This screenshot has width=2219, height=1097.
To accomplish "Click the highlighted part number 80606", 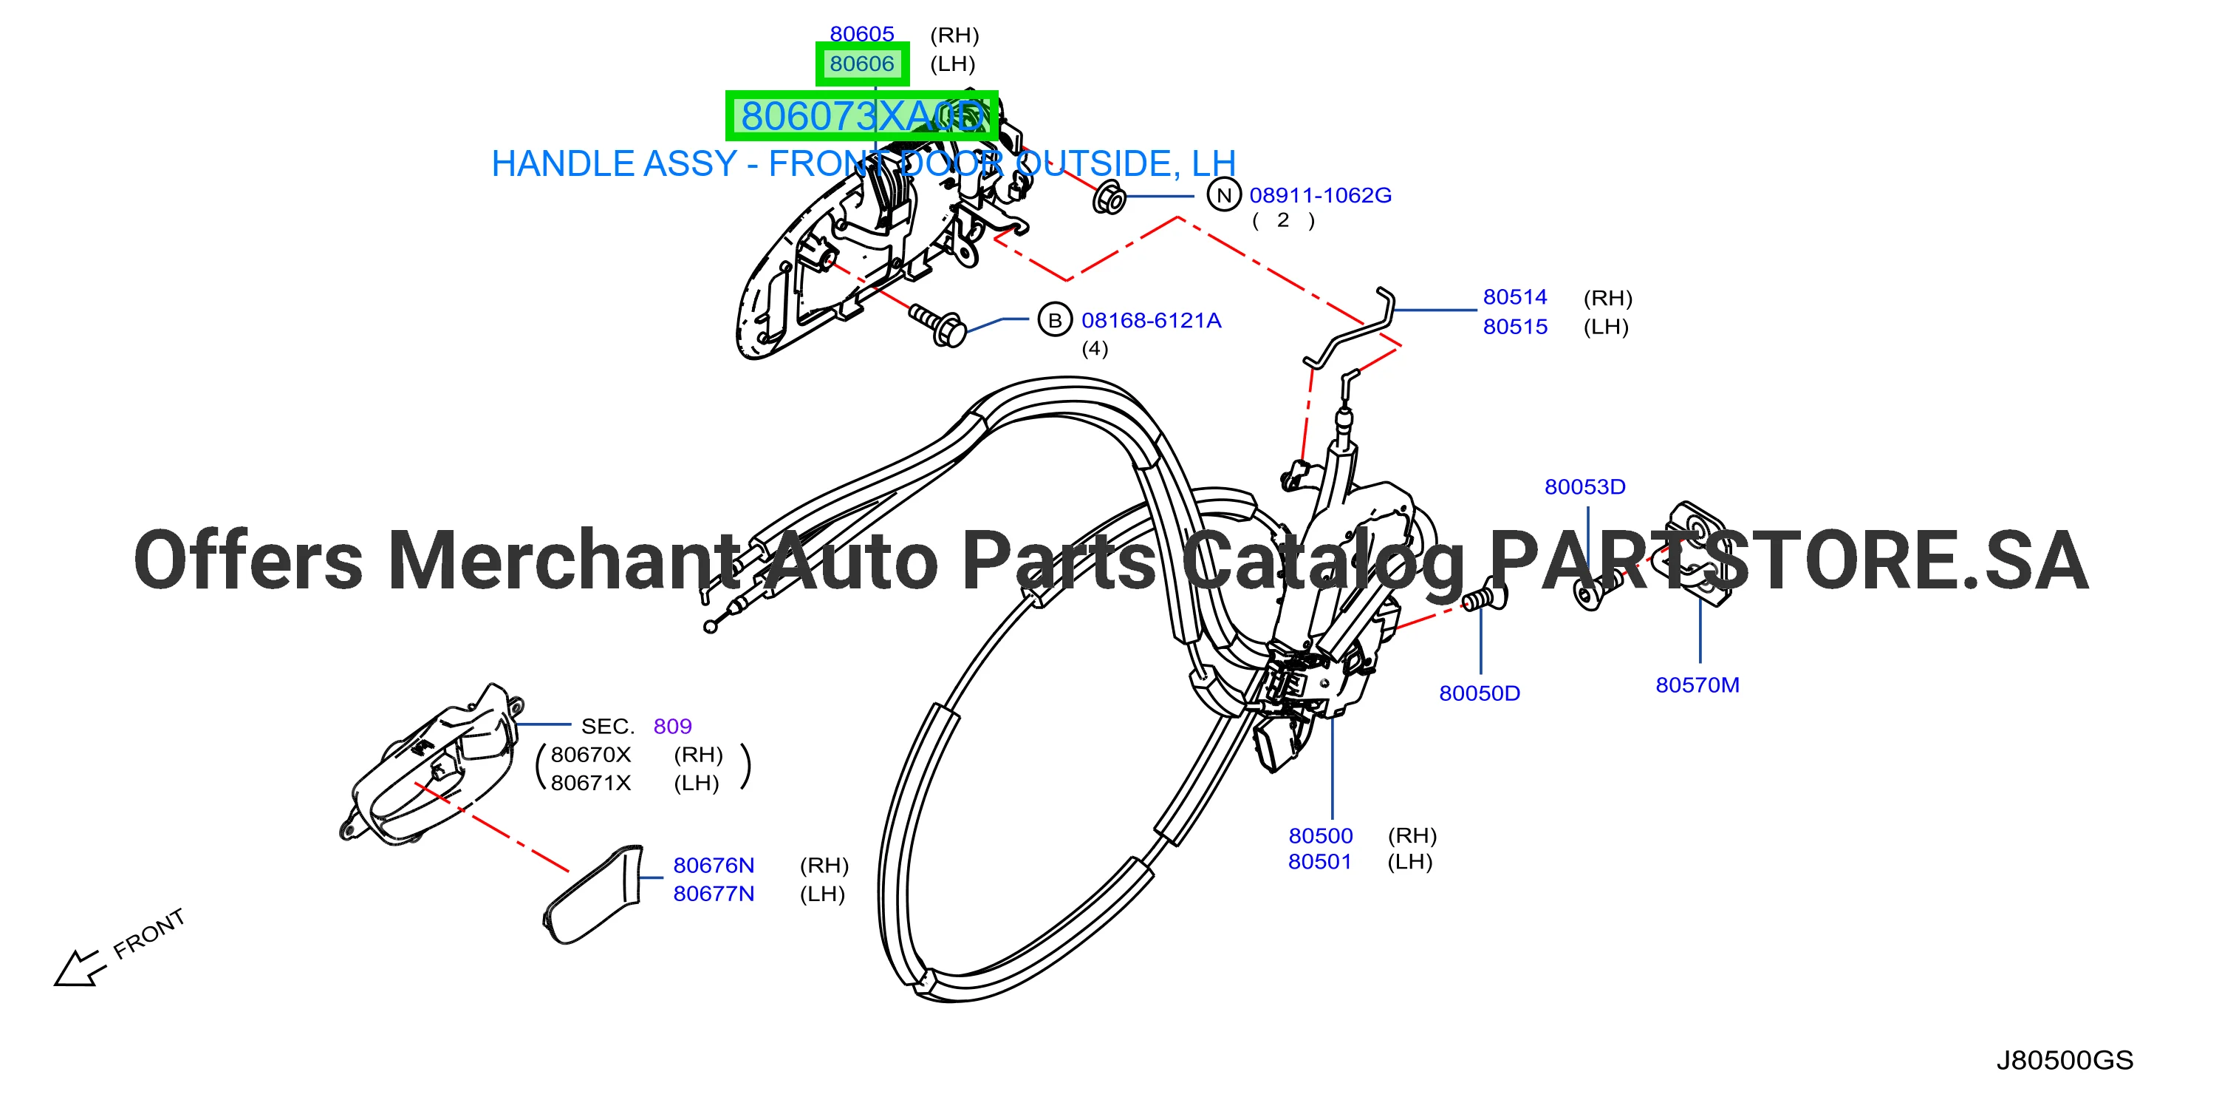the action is pyautogui.click(x=861, y=64).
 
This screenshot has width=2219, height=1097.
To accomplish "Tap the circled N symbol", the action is pyautogui.click(x=1224, y=196).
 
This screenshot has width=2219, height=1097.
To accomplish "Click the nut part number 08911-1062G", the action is pyautogui.click(x=1321, y=196).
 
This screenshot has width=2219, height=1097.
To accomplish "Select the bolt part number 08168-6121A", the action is pyautogui.click(x=1152, y=321).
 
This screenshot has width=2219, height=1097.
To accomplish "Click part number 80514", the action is pyautogui.click(x=1515, y=297).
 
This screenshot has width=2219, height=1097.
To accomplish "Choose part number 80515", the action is pyautogui.click(x=1515, y=327).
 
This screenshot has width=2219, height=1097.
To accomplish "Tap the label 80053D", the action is pyautogui.click(x=1585, y=487).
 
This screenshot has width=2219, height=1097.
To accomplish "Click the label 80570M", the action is pyautogui.click(x=1697, y=685).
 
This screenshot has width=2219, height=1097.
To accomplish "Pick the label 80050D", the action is pyautogui.click(x=1480, y=693).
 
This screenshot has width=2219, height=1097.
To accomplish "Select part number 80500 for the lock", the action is pyautogui.click(x=1321, y=836).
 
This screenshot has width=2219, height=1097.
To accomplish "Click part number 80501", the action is pyautogui.click(x=1320, y=862).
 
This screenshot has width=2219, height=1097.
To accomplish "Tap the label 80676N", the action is pyautogui.click(x=714, y=865).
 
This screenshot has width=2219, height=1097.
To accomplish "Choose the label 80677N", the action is pyautogui.click(x=714, y=894).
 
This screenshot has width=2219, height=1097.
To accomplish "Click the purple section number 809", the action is pyautogui.click(x=673, y=727).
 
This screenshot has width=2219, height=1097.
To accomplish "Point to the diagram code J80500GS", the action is pyautogui.click(x=2065, y=1060).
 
